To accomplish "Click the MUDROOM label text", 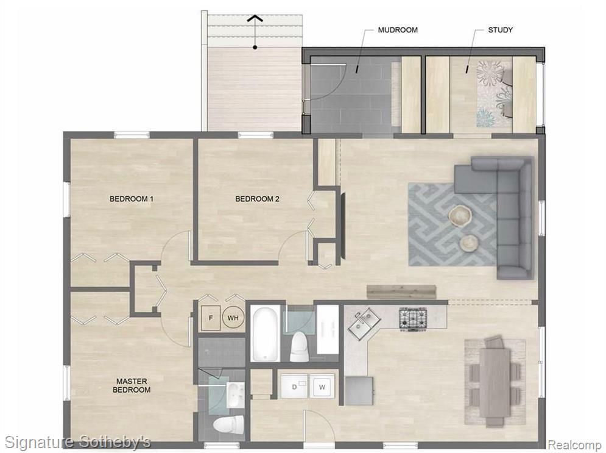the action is click(398, 30).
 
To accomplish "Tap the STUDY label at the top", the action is click(501, 30).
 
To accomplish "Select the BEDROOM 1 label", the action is click(132, 199).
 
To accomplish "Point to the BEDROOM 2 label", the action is click(257, 199).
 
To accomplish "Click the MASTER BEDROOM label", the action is click(132, 385).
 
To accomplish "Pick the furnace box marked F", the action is click(211, 318).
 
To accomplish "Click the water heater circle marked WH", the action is click(233, 318).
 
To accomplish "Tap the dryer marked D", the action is click(294, 386).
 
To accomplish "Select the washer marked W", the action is click(322, 387).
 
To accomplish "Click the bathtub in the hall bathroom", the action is click(265, 334).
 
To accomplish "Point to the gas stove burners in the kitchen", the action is click(413, 318).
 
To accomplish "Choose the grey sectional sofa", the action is click(515, 216).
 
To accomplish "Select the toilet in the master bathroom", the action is click(228, 425).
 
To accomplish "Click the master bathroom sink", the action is click(235, 394).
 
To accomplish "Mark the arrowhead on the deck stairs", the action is click(255, 18).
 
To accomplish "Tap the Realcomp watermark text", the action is click(575, 445).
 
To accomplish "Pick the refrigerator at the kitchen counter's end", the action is click(359, 391).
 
